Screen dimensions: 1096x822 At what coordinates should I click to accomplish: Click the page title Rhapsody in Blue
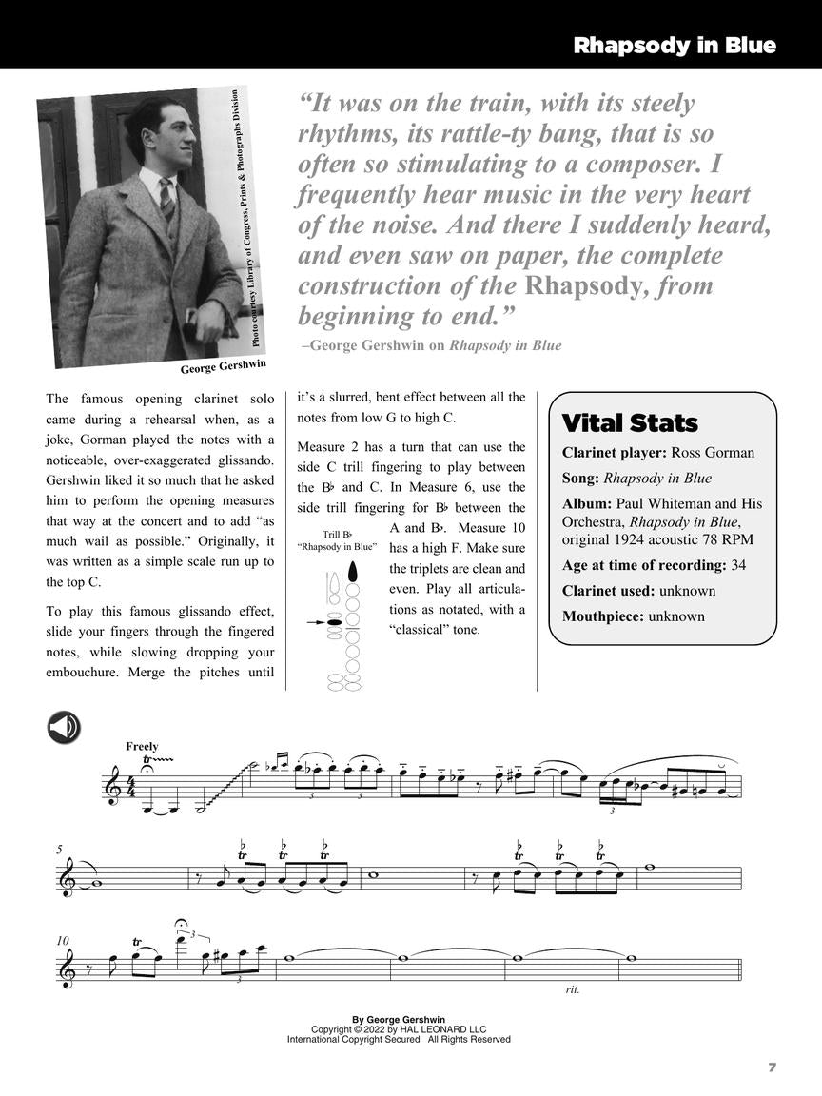coord(674,46)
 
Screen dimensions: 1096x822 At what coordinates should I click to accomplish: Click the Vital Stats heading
coord(630,422)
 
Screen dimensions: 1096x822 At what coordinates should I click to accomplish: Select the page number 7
coord(772,1067)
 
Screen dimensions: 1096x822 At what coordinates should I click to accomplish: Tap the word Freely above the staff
coord(142,747)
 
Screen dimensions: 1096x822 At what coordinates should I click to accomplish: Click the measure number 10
coord(62,940)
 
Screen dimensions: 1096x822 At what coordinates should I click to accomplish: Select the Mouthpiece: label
coord(602,616)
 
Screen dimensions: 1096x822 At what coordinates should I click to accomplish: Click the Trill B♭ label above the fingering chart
coord(337,535)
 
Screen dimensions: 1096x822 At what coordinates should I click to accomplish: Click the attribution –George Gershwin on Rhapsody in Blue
coord(430,345)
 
